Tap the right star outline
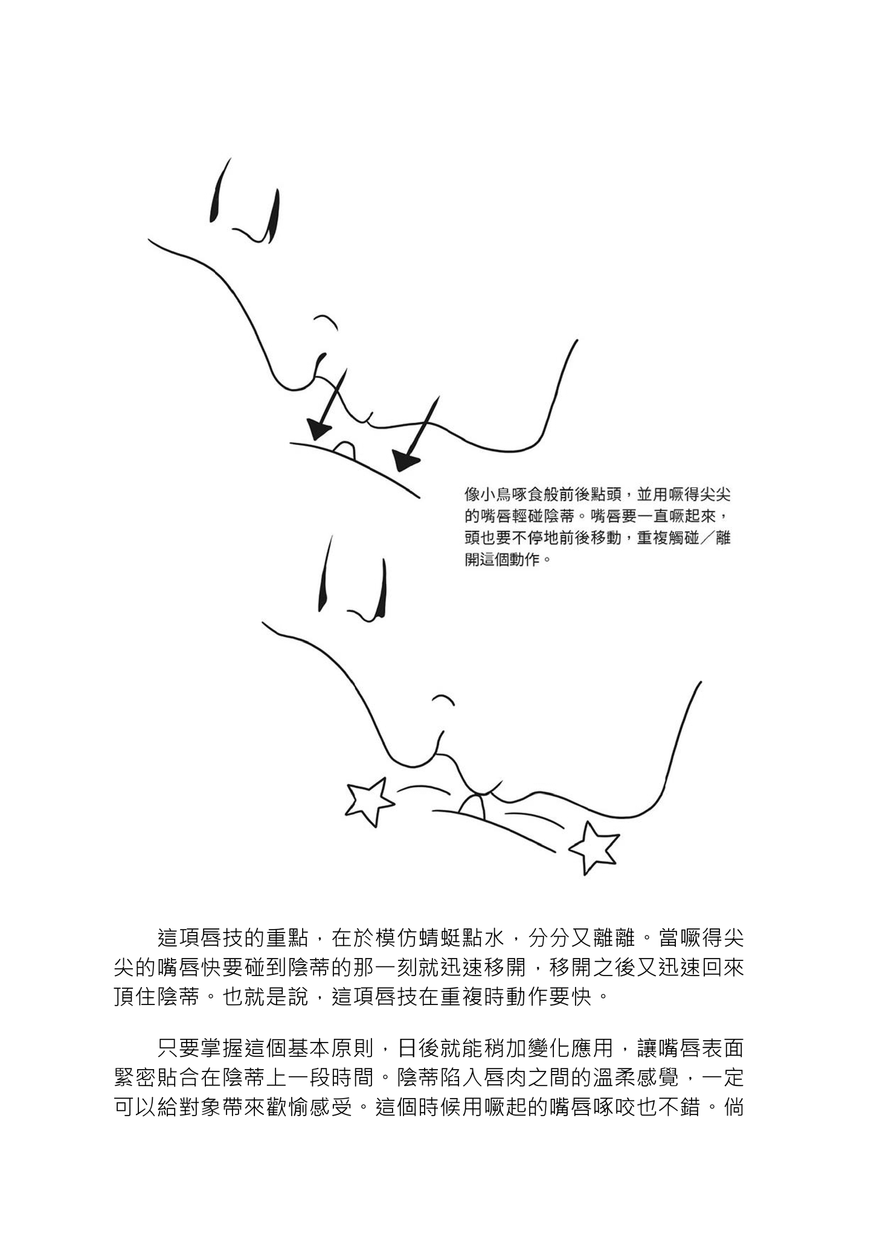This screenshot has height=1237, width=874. click(x=595, y=847)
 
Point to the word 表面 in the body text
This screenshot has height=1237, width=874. click(x=722, y=1049)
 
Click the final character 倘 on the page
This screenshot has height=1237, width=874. click(x=733, y=1108)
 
